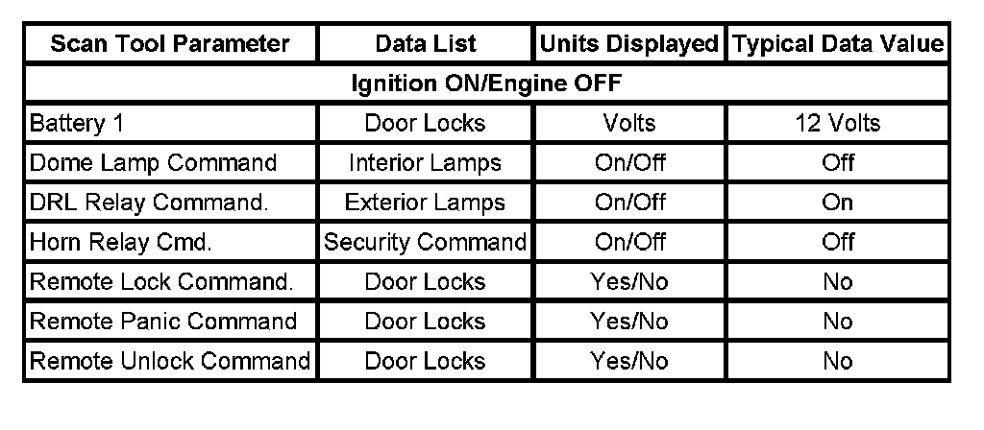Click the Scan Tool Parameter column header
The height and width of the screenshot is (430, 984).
[x=170, y=44]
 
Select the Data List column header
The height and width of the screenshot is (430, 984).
[x=425, y=44]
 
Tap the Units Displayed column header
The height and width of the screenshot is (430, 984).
[x=629, y=44]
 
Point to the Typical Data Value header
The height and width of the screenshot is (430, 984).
[x=838, y=44]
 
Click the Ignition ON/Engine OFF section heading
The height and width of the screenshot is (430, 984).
[x=485, y=84]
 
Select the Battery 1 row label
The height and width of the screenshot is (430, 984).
[x=77, y=124]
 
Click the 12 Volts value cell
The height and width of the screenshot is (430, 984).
[x=838, y=124]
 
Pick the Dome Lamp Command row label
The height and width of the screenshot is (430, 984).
[x=154, y=163]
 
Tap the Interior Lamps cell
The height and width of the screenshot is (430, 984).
[x=425, y=163]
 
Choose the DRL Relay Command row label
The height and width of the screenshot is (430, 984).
[x=148, y=203]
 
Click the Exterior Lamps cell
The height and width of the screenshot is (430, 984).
[x=425, y=203]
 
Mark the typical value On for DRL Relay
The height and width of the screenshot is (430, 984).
[x=838, y=203]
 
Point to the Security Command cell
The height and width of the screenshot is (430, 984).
[x=425, y=242]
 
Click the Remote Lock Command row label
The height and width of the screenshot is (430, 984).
[x=161, y=282]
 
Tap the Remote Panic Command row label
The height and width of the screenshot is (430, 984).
[x=163, y=322]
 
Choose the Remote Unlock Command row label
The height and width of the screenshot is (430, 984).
[x=170, y=362]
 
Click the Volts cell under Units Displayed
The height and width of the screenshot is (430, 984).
[x=629, y=124]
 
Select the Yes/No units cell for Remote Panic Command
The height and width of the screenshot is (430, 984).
[x=629, y=322]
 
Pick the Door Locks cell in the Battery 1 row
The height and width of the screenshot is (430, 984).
[x=425, y=124]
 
